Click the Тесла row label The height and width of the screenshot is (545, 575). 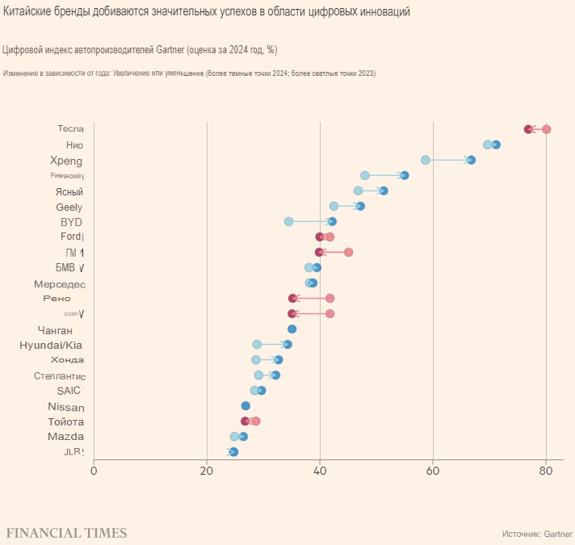70,129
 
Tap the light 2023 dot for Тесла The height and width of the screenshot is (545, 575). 547,129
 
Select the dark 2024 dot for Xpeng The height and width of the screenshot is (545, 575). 471,160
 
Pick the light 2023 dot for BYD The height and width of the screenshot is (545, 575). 288,221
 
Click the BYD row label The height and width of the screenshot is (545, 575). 71,222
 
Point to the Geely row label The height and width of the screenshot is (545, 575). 69,207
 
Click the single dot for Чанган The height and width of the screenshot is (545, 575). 292,329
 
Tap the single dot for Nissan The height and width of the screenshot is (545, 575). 246,405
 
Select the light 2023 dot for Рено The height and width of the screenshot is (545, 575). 329,298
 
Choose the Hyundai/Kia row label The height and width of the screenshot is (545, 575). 51,345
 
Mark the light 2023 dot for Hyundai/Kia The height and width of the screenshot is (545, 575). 257,344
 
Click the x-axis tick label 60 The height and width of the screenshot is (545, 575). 433,471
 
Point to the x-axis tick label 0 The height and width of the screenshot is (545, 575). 94,471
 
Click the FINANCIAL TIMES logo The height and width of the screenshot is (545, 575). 66,533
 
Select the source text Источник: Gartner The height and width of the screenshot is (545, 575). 537,534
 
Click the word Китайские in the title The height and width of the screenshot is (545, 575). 27,12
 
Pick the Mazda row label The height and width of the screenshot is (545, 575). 65,437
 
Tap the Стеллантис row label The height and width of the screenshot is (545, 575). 60,375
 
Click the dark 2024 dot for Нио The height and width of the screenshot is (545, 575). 496,145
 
